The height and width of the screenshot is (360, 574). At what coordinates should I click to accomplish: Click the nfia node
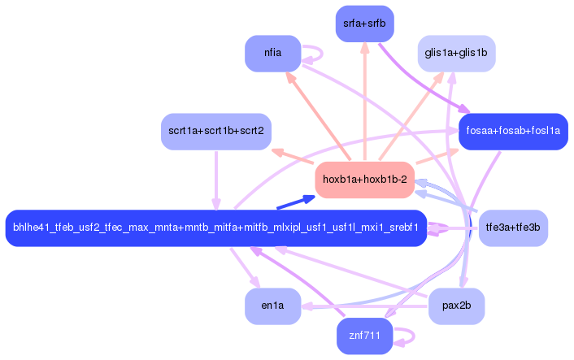pos(272,54)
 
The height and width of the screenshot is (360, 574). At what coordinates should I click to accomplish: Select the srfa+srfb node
pos(363,24)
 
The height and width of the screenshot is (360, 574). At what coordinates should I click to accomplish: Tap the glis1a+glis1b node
pos(456,54)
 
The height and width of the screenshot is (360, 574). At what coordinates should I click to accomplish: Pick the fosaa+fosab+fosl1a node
pos(512,131)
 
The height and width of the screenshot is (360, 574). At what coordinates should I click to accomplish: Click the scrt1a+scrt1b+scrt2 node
pos(215,131)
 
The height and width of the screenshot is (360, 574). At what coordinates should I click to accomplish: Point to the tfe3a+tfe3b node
pos(513,228)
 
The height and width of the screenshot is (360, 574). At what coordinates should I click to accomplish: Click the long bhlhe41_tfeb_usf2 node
pos(215,228)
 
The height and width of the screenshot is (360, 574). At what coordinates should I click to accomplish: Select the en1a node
pos(272,306)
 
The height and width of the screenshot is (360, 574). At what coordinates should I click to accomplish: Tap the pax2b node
pos(456,306)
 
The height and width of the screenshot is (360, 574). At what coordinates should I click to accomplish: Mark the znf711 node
pos(365,336)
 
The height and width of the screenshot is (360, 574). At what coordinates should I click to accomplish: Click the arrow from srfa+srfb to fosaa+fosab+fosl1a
pos(423,81)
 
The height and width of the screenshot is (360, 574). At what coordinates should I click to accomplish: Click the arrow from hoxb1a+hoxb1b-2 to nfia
pos(317,115)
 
